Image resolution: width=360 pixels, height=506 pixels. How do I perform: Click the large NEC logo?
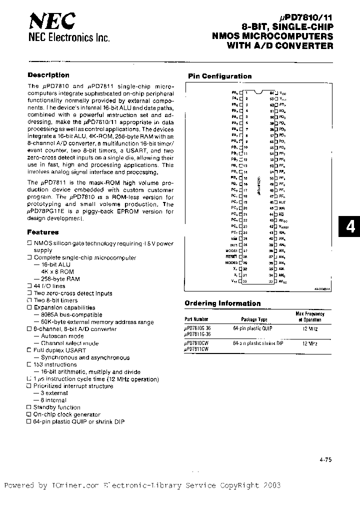(x=52, y=21)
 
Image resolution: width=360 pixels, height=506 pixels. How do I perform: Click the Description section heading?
(x=48, y=75)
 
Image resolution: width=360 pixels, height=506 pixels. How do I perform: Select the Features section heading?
(x=42, y=232)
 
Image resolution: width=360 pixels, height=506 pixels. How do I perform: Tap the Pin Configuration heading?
(x=219, y=76)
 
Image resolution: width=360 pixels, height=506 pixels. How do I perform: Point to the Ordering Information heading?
(x=222, y=303)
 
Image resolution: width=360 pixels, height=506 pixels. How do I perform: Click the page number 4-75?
(x=324, y=462)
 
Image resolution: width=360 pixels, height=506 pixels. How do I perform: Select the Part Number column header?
(x=196, y=319)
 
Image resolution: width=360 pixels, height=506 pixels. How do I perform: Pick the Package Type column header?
(x=254, y=319)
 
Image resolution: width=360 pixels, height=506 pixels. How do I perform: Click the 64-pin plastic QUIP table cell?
(x=253, y=328)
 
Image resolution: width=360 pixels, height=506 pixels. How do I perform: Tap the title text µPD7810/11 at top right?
(x=307, y=16)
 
